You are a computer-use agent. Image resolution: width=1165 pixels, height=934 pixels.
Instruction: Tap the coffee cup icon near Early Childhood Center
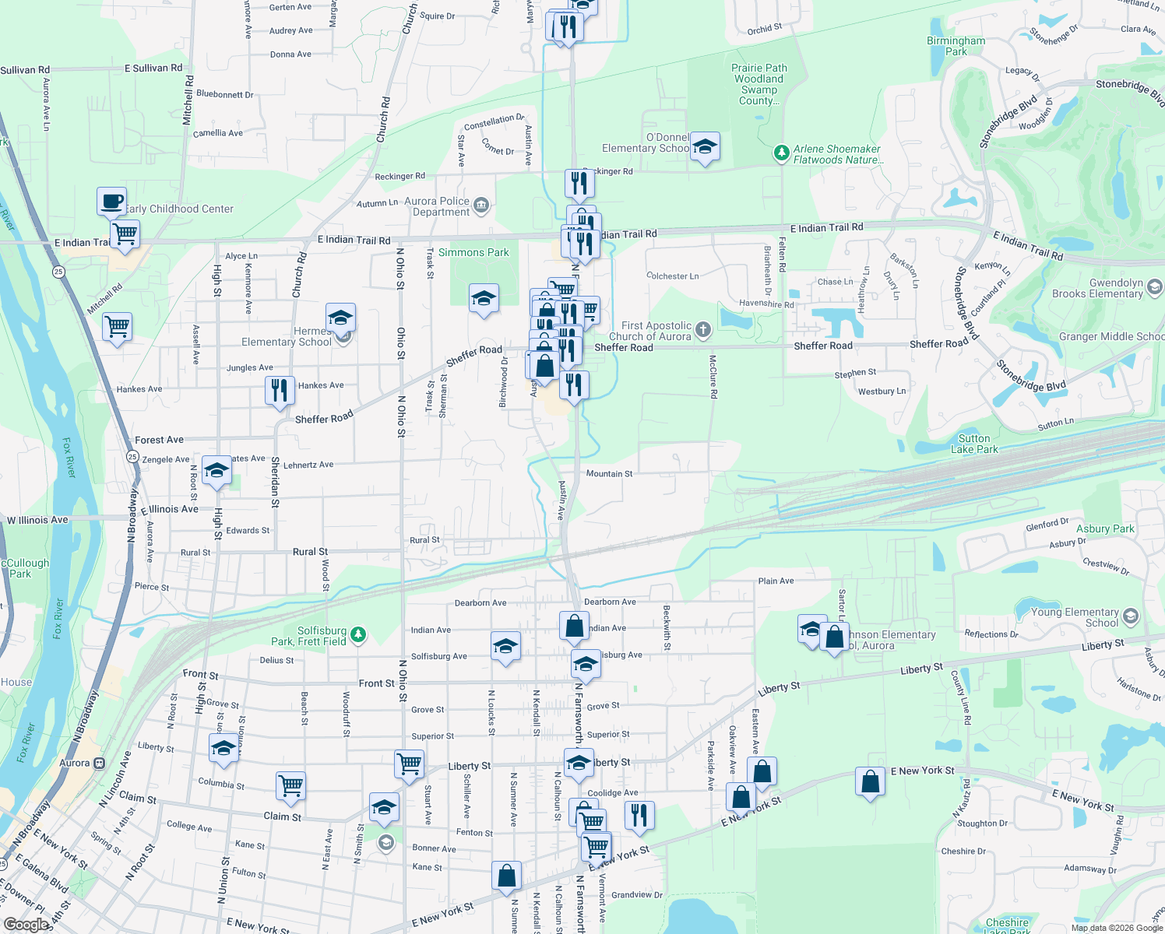point(111,202)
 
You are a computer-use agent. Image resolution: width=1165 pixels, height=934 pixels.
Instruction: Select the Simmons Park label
point(473,252)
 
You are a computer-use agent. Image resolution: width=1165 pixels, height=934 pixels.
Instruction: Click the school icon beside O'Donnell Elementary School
point(705,146)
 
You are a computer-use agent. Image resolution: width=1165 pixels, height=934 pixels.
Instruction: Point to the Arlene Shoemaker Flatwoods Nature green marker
point(781,153)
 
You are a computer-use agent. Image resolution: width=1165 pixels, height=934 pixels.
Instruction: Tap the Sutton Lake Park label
point(974,444)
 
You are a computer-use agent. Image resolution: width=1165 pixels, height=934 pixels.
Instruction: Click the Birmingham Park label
point(956,46)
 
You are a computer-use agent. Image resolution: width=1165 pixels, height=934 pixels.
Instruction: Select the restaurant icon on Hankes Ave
point(280,390)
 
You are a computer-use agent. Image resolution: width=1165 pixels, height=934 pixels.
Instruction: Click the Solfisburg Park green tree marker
point(358,634)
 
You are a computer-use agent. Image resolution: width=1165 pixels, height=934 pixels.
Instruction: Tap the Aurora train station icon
point(99,763)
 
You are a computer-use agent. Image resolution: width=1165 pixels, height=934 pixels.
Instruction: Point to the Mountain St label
point(609,473)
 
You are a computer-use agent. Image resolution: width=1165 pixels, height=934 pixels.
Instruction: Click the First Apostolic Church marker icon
point(702,330)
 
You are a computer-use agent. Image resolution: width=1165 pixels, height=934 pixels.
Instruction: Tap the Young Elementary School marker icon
point(1131,617)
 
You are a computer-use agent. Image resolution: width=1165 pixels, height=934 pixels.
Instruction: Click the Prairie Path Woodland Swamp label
point(758,84)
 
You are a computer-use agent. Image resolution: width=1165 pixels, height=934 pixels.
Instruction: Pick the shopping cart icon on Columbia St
point(290,787)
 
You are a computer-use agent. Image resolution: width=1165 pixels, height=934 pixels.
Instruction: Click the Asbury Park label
point(1105,528)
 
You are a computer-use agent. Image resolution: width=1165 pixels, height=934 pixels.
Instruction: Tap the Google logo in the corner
point(26,924)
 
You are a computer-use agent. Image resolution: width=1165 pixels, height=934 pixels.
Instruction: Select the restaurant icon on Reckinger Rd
point(579,184)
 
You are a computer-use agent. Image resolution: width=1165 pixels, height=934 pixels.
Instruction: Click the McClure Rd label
point(713,377)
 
